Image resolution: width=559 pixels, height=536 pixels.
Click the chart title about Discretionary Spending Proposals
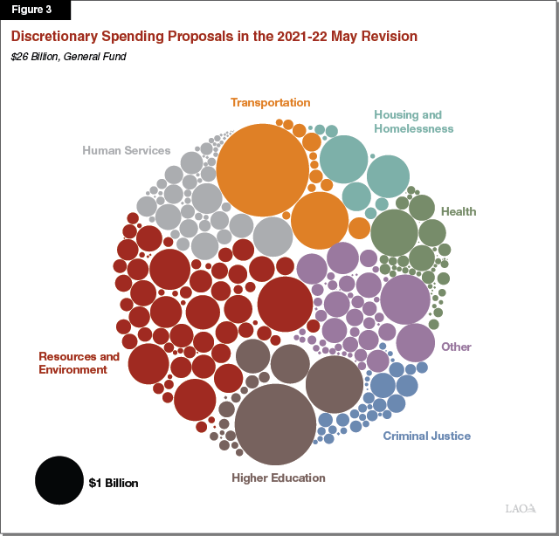tap(213, 37)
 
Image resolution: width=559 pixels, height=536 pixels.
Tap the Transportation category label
tap(270, 102)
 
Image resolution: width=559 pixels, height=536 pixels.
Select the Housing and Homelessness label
tap(413, 121)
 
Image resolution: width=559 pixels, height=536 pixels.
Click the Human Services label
tap(126, 150)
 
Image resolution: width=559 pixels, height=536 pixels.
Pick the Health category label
tap(458, 211)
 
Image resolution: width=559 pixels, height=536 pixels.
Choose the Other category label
tap(456, 347)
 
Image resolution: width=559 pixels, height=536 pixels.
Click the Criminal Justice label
tap(426, 436)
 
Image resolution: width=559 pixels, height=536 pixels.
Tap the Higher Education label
tap(278, 478)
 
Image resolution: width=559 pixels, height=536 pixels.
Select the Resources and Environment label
tap(79, 363)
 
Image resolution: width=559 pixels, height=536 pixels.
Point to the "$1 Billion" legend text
tap(114, 482)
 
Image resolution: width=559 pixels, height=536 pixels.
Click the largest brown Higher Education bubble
tap(275, 424)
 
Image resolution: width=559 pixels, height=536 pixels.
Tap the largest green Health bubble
tap(395, 232)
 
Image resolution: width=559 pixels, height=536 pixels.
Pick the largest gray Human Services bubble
tap(273, 237)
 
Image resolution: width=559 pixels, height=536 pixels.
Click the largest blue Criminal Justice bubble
tap(383, 385)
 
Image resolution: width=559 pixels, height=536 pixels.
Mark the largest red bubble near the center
tap(286, 305)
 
